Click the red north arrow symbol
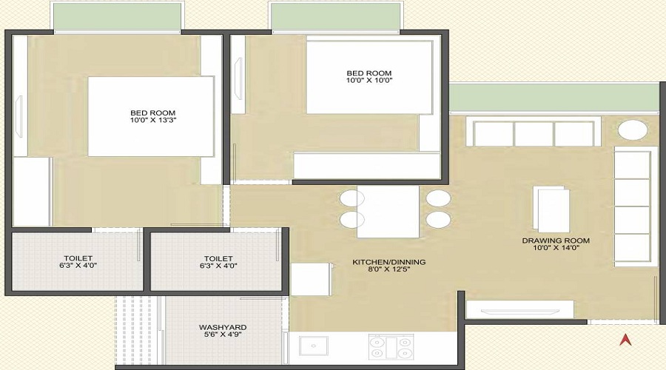tap(625, 340)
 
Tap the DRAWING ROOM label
tap(556, 240)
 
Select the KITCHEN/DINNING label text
tap(388, 262)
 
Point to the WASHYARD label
tap(223, 326)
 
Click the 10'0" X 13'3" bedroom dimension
tap(152, 120)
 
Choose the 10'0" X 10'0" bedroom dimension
tap(369, 80)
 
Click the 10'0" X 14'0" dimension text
tap(556, 249)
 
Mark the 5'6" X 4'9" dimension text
tap(223, 335)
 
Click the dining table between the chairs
tap(388, 211)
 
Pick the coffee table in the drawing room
tap(553, 209)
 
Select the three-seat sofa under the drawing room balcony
tap(534, 134)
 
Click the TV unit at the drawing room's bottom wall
tap(519, 309)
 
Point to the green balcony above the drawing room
tap(554, 97)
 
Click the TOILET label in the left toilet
tap(78, 258)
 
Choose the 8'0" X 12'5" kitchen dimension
tap(388, 271)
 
